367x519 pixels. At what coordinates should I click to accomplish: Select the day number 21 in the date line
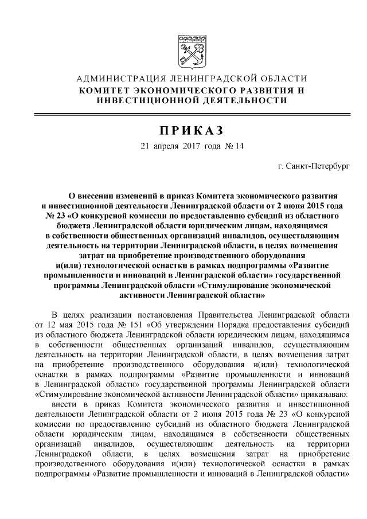pyautogui.click(x=145, y=146)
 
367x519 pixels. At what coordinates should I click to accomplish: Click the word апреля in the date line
pyautogui.click(x=167, y=146)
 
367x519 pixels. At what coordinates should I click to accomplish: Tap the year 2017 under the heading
pyautogui.click(x=192, y=146)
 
